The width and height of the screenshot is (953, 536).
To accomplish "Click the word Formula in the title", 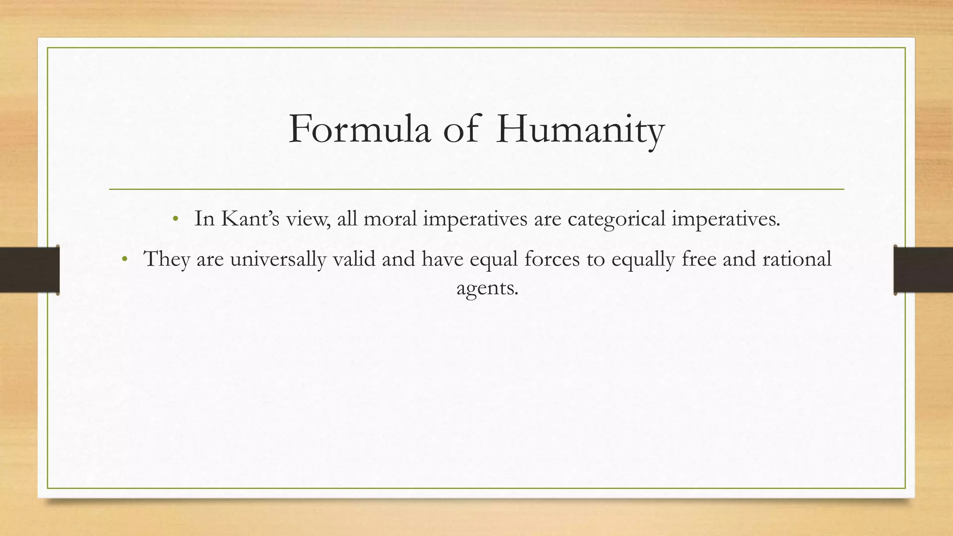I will pyautogui.click(x=360, y=129).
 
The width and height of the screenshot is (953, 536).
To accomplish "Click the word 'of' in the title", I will pyautogui.click(x=461, y=129).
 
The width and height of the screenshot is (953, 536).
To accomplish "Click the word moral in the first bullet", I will pyautogui.click(x=390, y=219).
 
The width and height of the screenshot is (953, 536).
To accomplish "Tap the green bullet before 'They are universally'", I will pyautogui.click(x=124, y=259).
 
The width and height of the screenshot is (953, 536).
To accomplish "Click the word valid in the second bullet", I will pyautogui.click(x=354, y=259).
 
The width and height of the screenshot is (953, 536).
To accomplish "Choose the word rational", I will pyautogui.click(x=796, y=259).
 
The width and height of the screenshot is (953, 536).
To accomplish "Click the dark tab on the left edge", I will pyautogui.click(x=29, y=270).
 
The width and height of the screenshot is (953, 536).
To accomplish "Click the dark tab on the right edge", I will pyautogui.click(x=923, y=270).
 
